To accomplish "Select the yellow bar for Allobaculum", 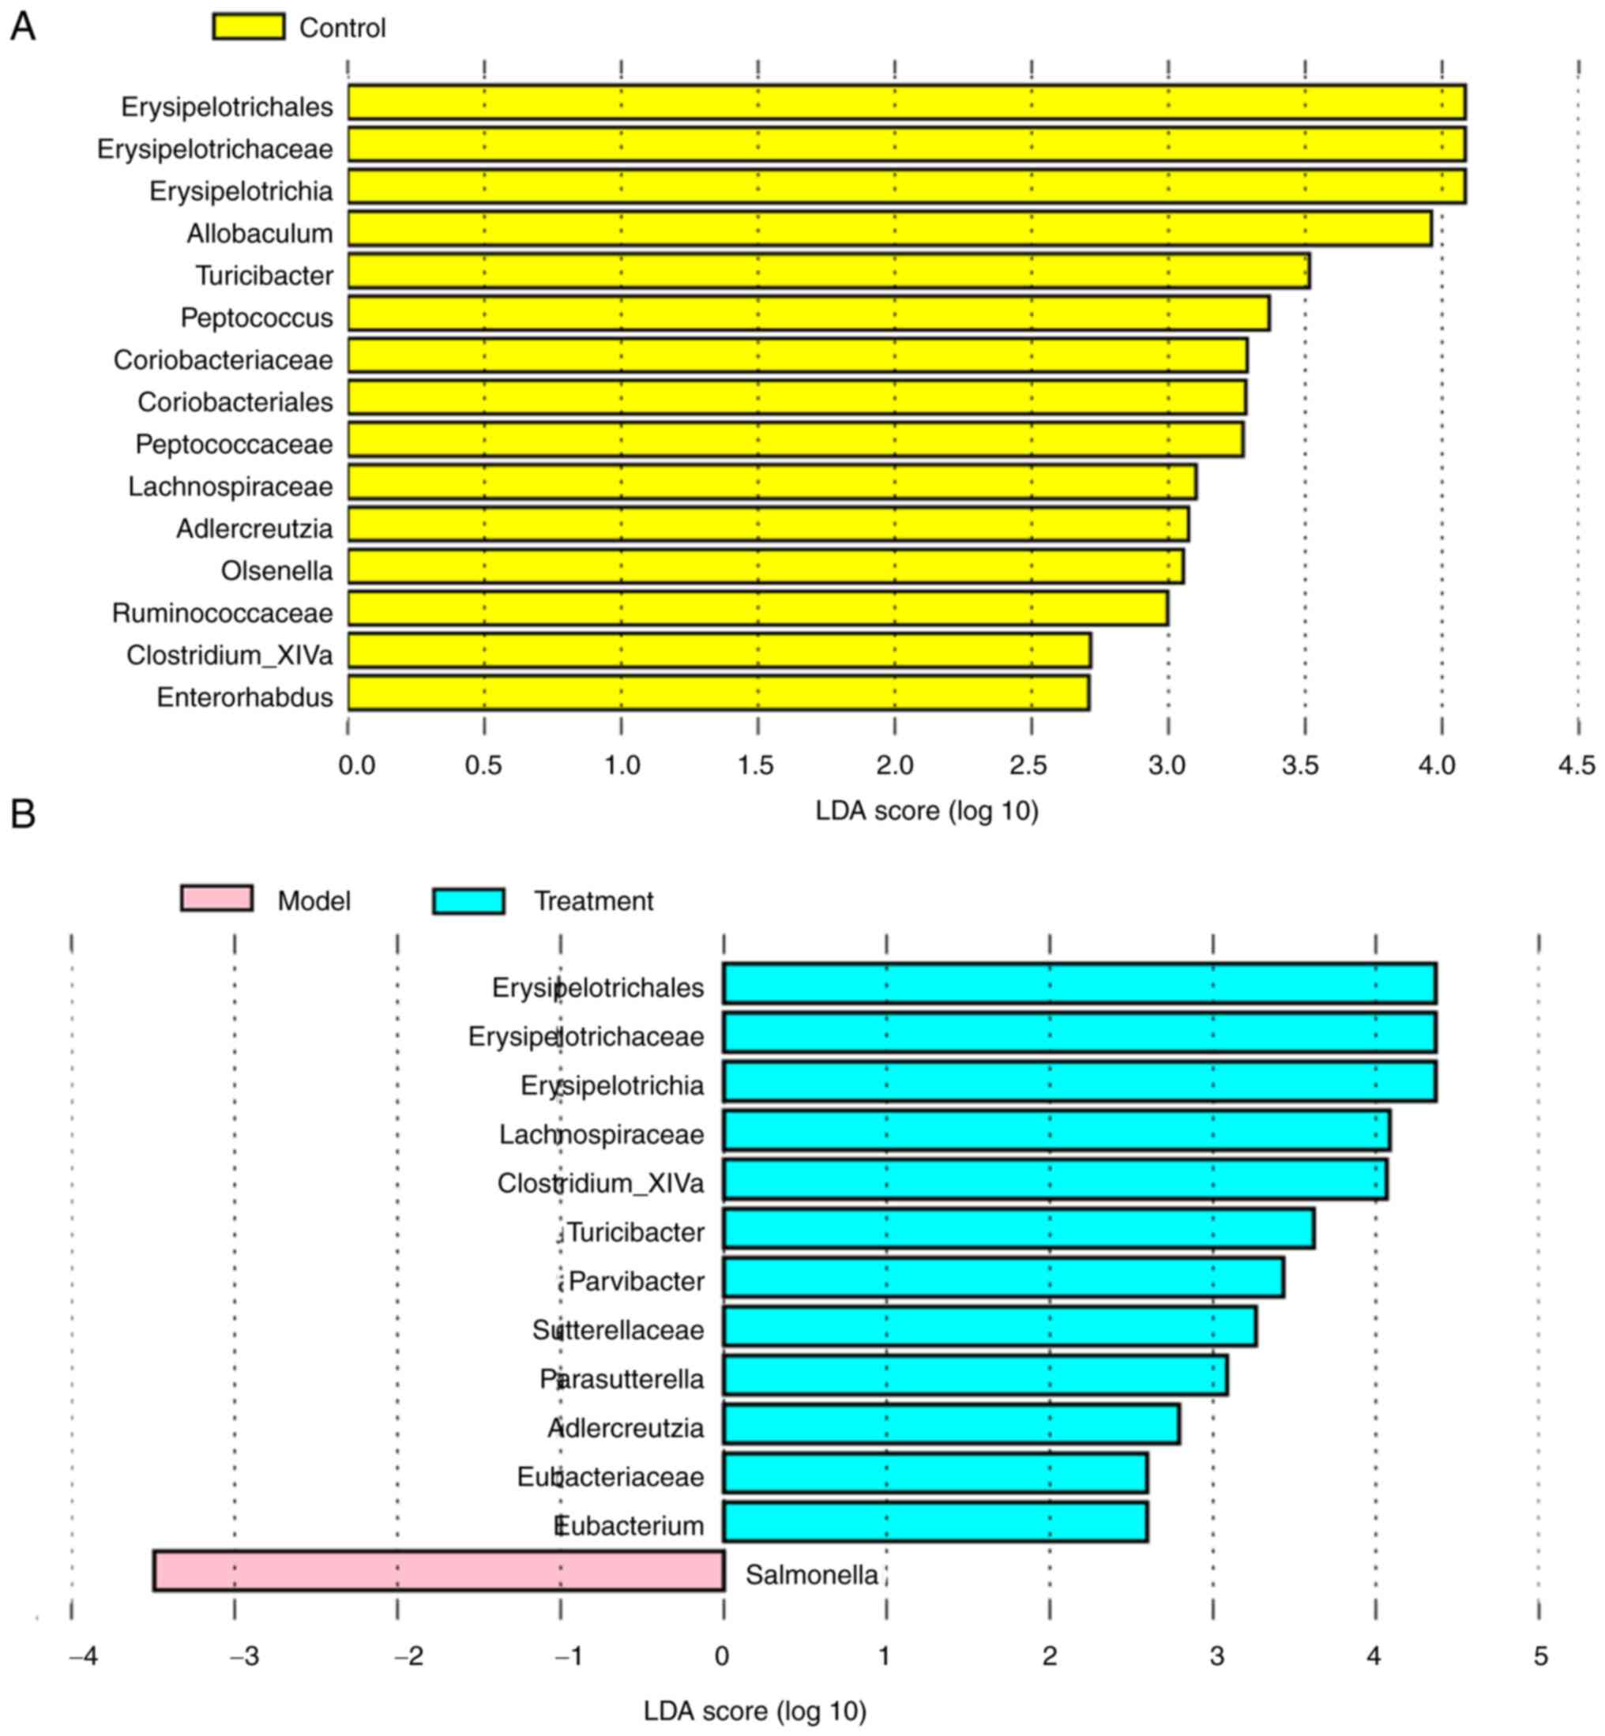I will (x=889, y=228).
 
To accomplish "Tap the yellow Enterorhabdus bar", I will (x=718, y=693).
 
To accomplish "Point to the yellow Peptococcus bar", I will (x=809, y=314).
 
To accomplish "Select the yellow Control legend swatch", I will (x=248, y=27).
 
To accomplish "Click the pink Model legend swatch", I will (x=216, y=898).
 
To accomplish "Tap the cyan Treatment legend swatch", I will (x=468, y=900).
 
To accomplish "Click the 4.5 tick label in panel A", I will (x=1577, y=765).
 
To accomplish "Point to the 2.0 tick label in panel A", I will (x=895, y=765).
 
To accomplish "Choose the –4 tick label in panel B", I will (x=84, y=1657).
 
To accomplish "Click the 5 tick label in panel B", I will (x=1541, y=1657).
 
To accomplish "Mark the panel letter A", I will (x=23, y=27).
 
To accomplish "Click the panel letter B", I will (x=23, y=814).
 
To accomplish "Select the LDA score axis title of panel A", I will (x=927, y=811).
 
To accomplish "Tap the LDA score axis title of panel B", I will (x=755, y=1711).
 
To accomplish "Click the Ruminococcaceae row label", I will (x=222, y=613).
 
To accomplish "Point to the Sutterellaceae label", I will (x=618, y=1329).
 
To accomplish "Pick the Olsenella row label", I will (x=276, y=570).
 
